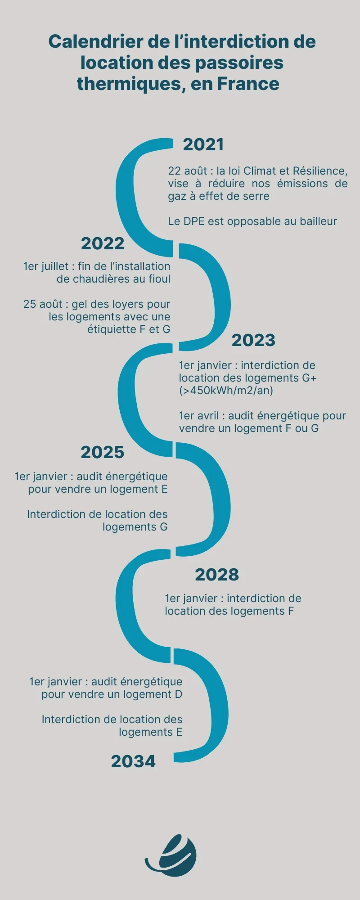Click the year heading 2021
203,145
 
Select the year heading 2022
103,244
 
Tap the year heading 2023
253,341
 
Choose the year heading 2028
217,575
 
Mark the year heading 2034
133,762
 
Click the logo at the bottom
171,855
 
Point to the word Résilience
319,171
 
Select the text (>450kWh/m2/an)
226,391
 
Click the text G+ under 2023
309,378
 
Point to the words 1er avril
198,416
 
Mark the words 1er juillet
46,267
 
